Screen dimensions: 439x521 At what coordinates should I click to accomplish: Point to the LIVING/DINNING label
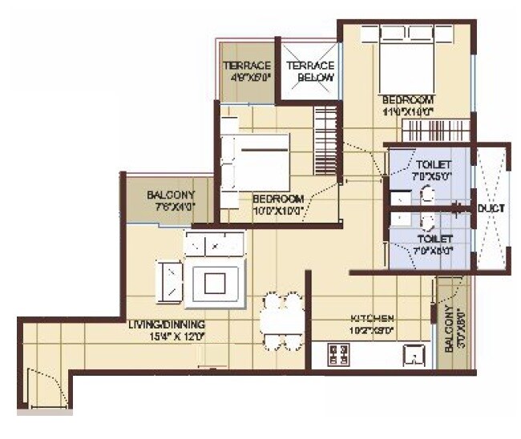tap(168, 324)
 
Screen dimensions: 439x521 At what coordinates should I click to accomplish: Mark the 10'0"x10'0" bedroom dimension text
tap(278, 210)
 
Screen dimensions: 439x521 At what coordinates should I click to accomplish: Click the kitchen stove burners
tap(338, 352)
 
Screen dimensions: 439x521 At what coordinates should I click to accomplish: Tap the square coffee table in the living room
tap(216, 282)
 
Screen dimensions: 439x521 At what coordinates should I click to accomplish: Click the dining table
tap(281, 320)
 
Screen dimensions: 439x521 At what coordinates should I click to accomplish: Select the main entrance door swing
tap(39, 386)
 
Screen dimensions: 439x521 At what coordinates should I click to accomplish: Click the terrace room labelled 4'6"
tap(248, 71)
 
